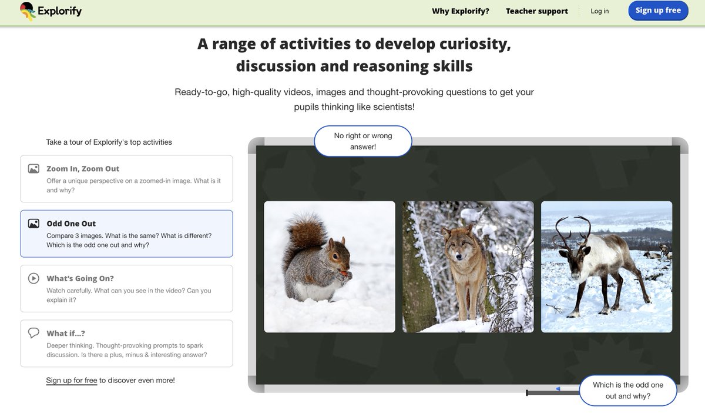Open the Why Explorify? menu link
click(x=460, y=11)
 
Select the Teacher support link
click(x=536, y=11)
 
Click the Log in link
click(x=599, y=11)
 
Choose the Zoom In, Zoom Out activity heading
click(x=83, y=169)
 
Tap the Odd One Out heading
click(x=71, y=224)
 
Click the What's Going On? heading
click(x=80, y=278)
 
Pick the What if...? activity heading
click(x=66, y=333)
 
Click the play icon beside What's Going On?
click(x=33, y=278)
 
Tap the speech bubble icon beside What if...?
click(x=33, y=333)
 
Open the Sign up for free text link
click(x=71, y=381)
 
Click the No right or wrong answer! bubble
click(x=363, y=141)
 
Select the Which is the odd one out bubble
click(x=627, y=390)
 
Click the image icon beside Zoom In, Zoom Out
click(x=33, y=169)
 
